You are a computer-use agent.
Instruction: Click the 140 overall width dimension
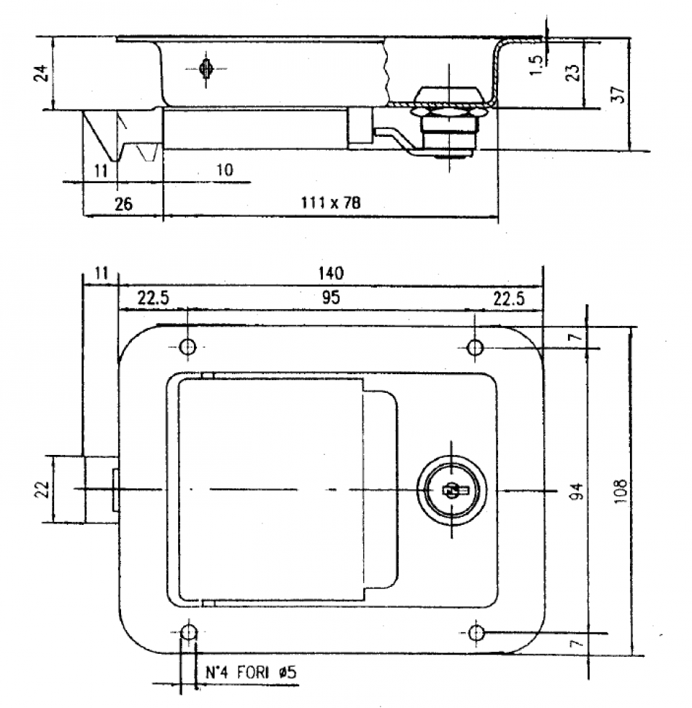coord(331,273)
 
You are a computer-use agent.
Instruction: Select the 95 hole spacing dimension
coord(331,297)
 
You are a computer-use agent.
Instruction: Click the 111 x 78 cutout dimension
coord(331,204)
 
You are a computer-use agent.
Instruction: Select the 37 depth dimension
coord(617,94)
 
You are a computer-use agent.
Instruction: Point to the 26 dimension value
coord(123,204)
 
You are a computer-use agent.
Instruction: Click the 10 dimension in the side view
coord(224,171)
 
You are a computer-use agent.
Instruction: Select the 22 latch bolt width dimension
coord(44,490)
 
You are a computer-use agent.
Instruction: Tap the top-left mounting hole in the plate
coord(187,348)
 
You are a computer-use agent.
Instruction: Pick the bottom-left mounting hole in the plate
coord(187,633)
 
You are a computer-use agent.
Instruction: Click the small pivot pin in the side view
coord(206,69)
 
